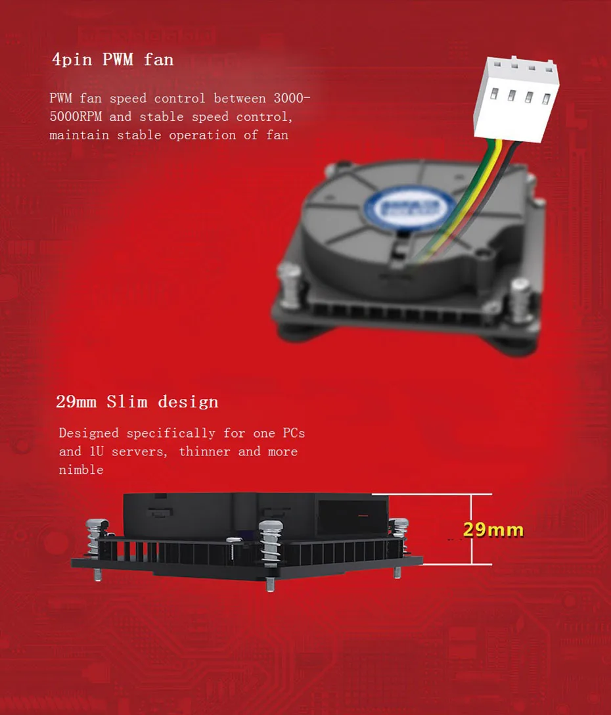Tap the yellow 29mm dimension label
pyautogui.click(x=493, y=530)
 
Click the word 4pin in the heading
pyautogui.click(x=73, y=60)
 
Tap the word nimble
pyautogui.click(x=81, y=470)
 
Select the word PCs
pyautogui.click(x=294, y=433)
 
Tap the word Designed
pyautogui.click(x=89, y=433)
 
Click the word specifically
pyautogui.click(x=171, y=433)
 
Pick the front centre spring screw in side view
pyautogui.click(x=271, y=542)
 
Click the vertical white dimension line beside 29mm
pyautogui.click(x=472, y=529)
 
